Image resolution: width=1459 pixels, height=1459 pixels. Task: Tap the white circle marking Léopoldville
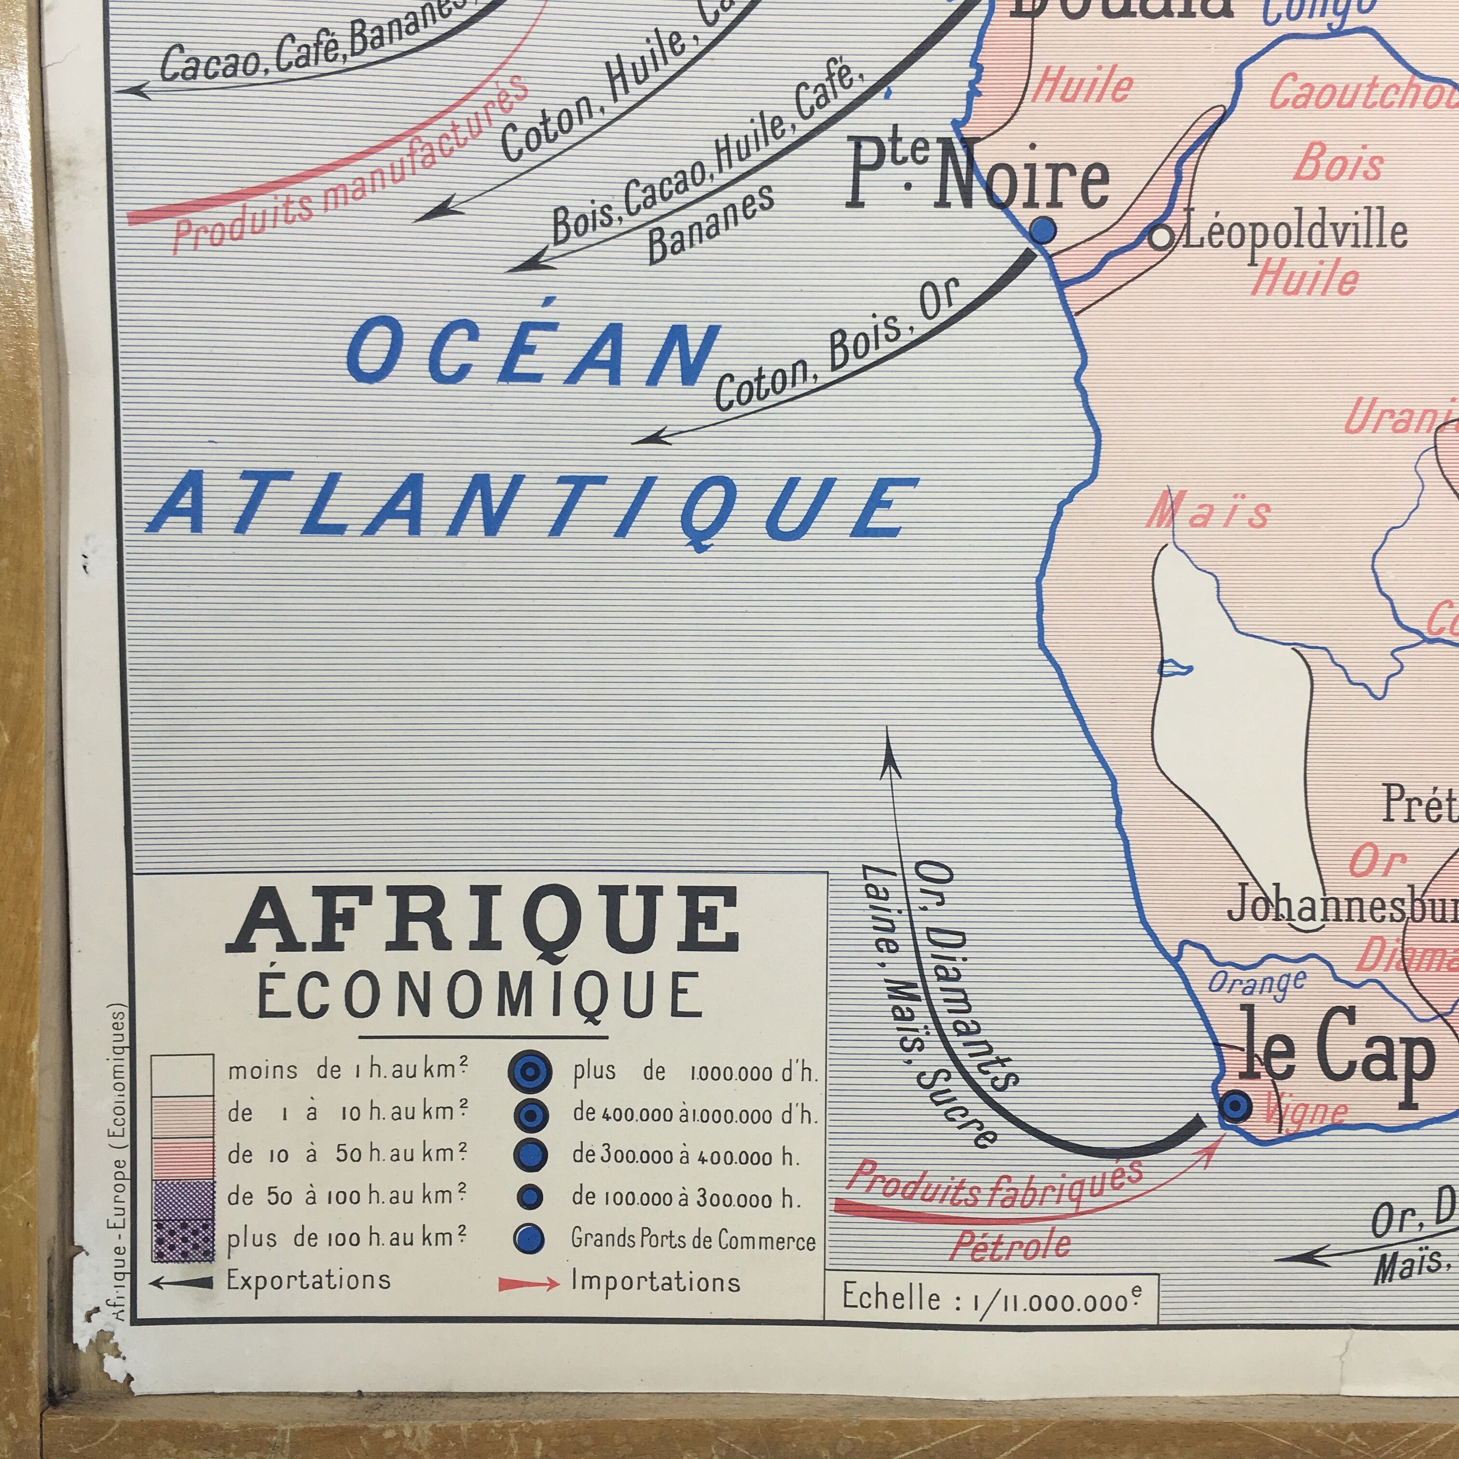pos(1161,237)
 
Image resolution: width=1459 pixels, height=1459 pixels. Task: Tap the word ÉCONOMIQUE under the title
pos(480,995)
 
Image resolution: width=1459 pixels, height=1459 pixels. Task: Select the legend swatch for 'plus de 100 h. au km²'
pos(182,1241)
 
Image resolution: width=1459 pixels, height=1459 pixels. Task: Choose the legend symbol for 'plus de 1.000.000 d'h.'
pos(530,1073)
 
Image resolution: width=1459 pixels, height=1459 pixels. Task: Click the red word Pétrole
pos(1010,1246)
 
